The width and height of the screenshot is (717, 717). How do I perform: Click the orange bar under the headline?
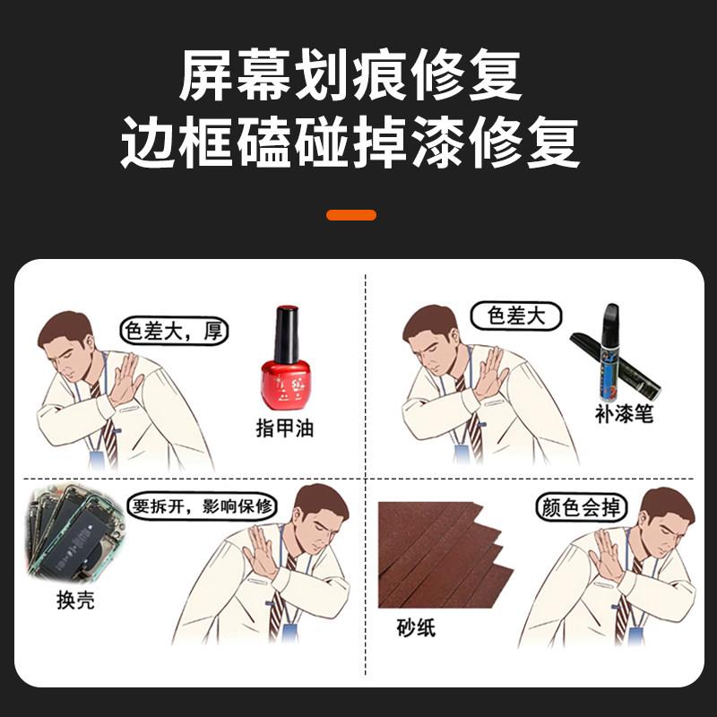coord(351,215)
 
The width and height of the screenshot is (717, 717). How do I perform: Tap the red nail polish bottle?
coord(285,358)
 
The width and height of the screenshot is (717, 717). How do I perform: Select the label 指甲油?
coord(284,428)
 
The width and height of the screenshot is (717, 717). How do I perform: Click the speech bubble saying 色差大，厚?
coord(174,331)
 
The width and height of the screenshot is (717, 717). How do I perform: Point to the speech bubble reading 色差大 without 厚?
coord(516,316)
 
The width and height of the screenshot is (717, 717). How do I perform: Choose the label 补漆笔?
coord(624,414)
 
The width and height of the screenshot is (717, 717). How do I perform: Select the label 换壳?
coord(75,600)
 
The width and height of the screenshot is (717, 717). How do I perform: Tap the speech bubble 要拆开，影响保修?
coord(203,506)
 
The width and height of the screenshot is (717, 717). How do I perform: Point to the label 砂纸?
coord(416,626)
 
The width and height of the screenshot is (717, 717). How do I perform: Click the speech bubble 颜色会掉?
coord(581,507)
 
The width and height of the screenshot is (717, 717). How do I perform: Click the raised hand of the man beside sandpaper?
coord(606,555)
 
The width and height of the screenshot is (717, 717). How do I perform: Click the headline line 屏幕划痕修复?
coord(350,74)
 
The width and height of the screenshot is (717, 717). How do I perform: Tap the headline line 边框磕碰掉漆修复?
coord(350,143)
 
